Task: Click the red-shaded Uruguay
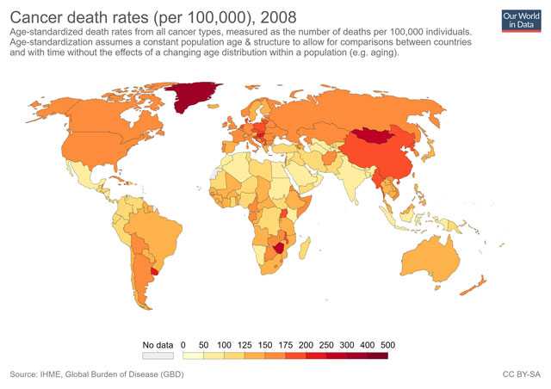click(x=156, y=271)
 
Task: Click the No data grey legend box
click(x=152, y=355)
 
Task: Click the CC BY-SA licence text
click(x=521, y=374)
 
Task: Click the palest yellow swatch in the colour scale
click(x=193, y=355)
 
